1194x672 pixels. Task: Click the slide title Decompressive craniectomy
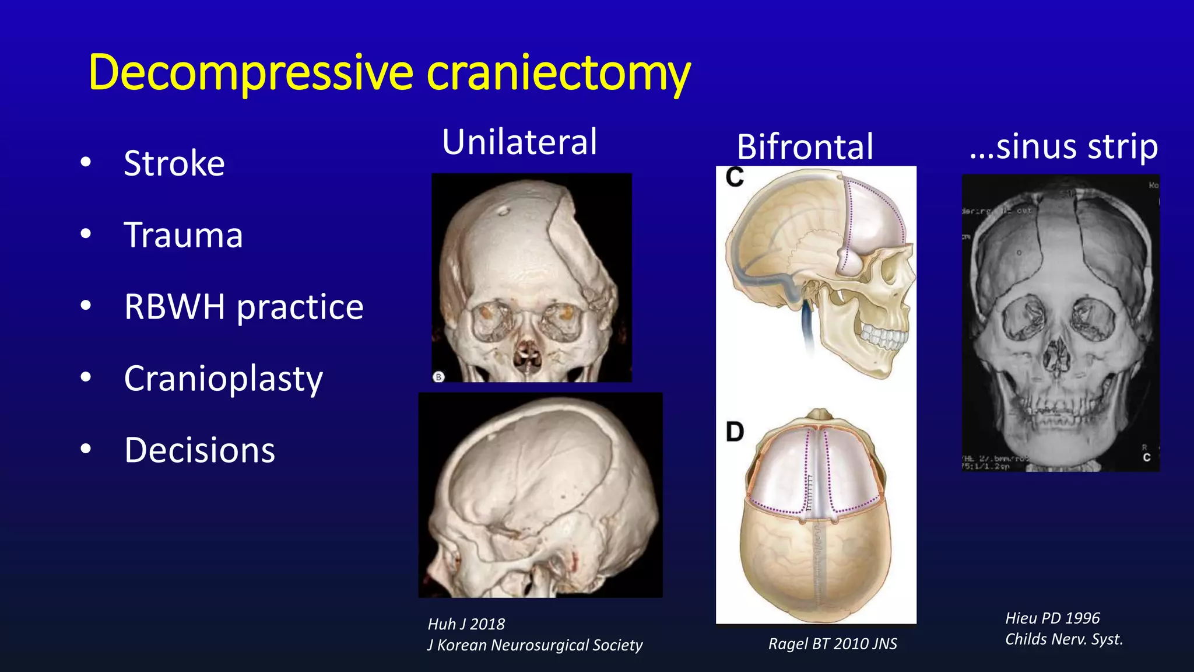pos(389,73)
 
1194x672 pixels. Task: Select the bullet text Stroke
pos(174,163)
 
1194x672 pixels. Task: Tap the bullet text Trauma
pos(183,235)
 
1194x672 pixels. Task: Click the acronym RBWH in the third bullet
pos(174,307)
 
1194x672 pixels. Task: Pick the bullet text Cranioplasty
pos(223,379)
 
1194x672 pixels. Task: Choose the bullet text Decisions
pos(199,450)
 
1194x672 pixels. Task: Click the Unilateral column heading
pos(519,142)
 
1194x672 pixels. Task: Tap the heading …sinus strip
pos(1063,146)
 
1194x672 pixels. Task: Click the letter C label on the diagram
pos(735,177)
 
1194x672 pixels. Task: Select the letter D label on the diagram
pos(735,432)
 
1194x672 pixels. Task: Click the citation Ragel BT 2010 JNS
pos(832,643)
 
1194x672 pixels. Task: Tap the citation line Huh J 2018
pos(466,624)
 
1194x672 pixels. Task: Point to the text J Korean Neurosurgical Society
pos(534,645)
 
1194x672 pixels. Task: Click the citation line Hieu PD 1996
pos(1052,618)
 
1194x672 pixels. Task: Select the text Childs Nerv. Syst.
pos(1063,639)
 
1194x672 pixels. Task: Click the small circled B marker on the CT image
pos(439,377)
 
